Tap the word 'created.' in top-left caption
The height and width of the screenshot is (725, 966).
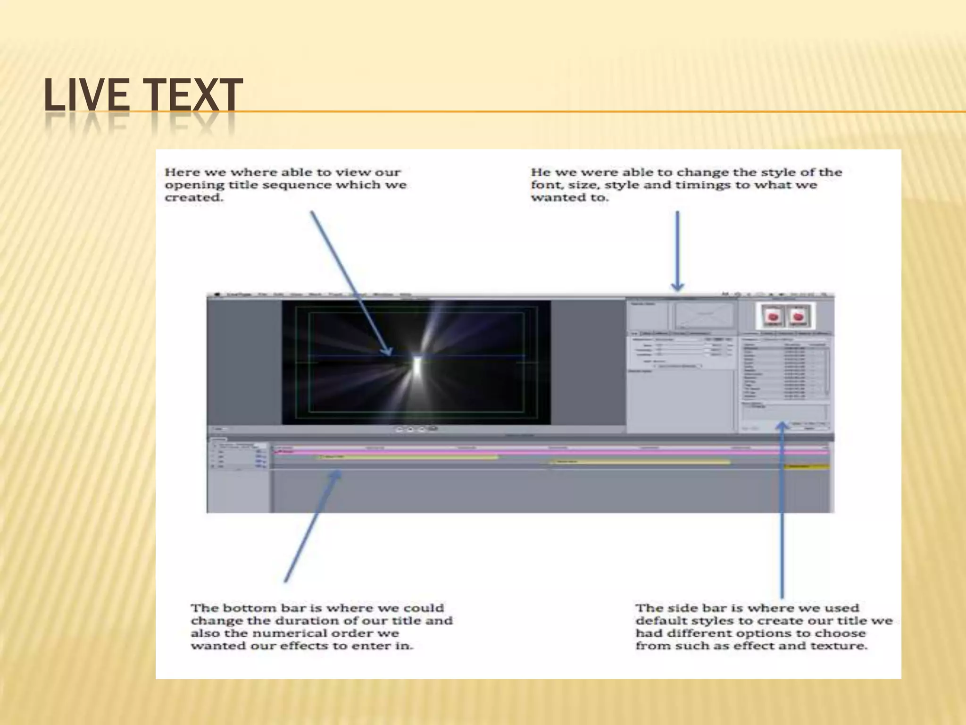pos(193,198)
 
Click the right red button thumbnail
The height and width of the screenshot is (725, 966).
pos(798,316)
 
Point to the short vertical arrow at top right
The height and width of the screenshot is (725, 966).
pos(677,250)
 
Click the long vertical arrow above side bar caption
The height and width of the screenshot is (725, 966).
pos(782,510)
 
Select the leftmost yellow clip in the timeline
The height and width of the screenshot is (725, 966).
pos(408,457)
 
